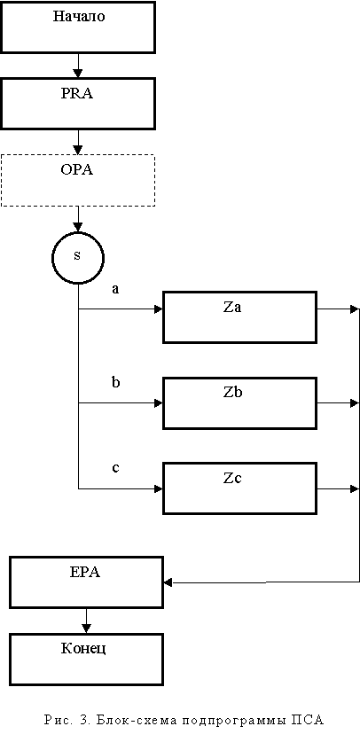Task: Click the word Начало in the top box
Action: (79, 17)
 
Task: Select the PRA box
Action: (78, 104)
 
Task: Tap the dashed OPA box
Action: (78, 180)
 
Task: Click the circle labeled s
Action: (77, 258)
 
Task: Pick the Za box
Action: (239, 317)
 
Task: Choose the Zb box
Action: (239, 403)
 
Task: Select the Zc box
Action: (239, 488)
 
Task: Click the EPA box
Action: (86, 582)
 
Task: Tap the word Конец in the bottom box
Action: (83, 648)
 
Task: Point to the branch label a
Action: (115, 289)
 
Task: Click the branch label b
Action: (115, 381)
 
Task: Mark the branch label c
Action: (115, 468)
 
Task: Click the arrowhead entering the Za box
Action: (159, 309)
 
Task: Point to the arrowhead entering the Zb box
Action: (159, 403)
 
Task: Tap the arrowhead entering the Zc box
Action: (159, 488)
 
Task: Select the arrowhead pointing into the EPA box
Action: (168, 582)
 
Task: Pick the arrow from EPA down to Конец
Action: (86, 621)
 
